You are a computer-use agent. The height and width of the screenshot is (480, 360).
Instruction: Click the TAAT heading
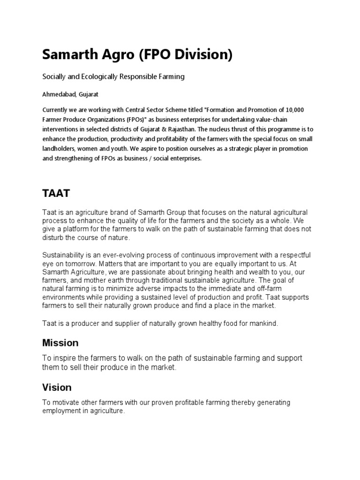56,194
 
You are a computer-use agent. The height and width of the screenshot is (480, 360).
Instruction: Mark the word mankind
263,323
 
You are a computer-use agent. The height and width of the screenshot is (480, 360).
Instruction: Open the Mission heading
60,343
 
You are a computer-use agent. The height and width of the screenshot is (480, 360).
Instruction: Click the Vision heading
57,388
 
